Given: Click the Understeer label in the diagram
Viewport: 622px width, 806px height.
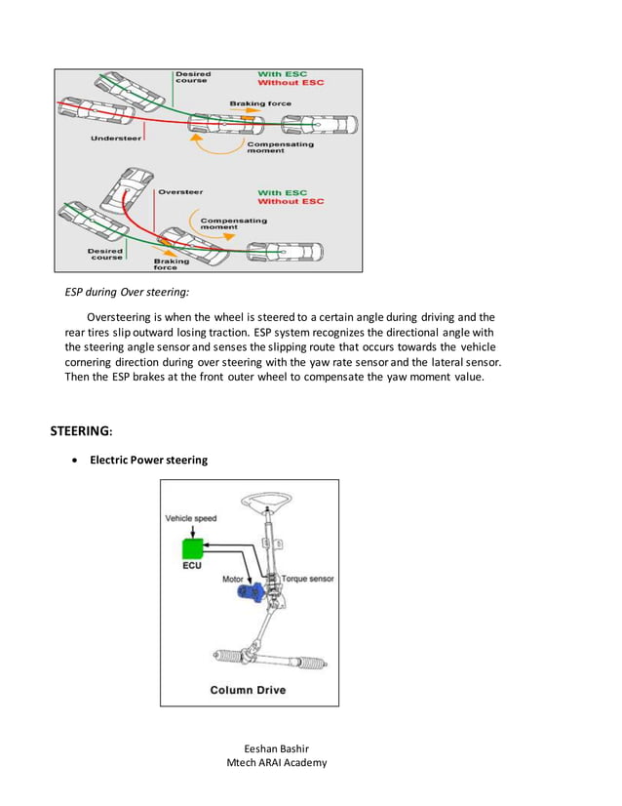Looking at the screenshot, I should click(x=115, y=139).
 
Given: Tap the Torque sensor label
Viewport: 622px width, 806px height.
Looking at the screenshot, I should click(x=307, y=579).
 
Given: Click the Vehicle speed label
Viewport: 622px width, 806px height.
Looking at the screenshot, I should click(x=191, y=518).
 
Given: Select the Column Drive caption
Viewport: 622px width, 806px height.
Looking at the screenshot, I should click(x=248, y=690).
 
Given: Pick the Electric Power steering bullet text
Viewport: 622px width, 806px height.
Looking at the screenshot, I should click(x=148, y=460).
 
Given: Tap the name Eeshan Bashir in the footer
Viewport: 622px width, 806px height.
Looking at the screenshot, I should click(x=276, y=748).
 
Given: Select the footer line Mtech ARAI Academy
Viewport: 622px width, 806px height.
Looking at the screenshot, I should click(x=276, y=763).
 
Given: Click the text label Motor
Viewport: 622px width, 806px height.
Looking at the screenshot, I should click(x=233, y=579).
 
